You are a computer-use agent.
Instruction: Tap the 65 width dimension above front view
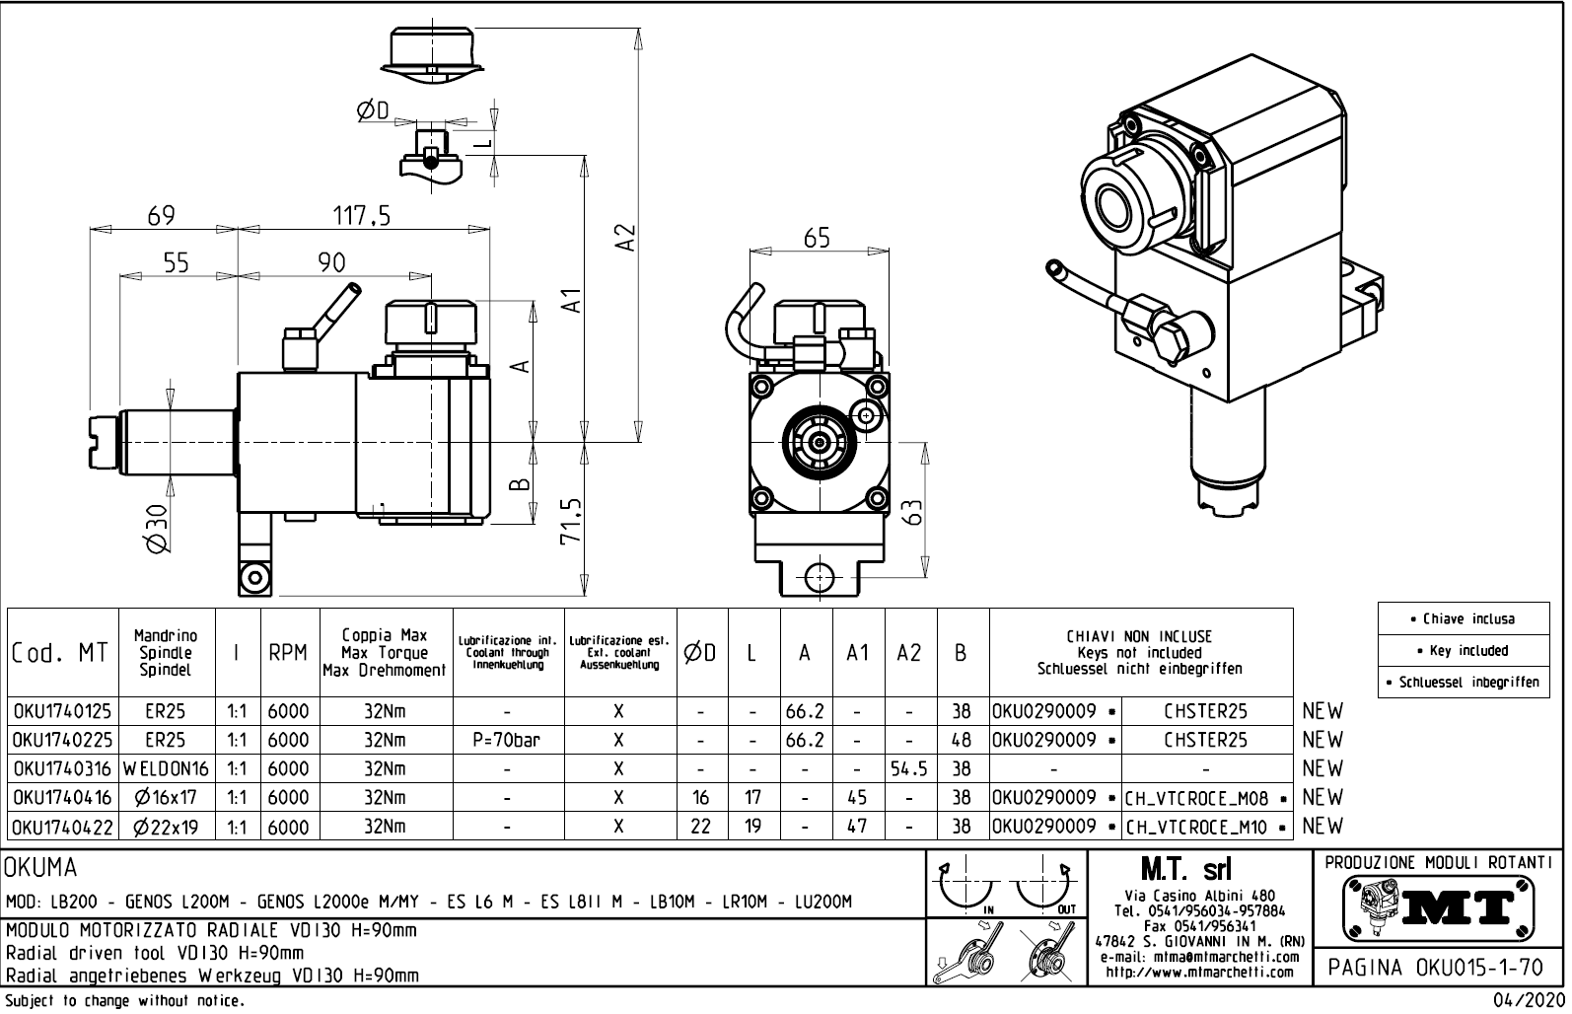pos(817,238)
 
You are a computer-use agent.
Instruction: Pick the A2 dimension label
pos(624,237)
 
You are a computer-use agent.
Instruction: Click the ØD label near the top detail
pos(373,110)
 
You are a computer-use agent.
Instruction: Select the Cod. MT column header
pos(60,653)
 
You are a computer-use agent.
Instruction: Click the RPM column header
pos(288,653)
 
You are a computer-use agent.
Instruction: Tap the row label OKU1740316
pos(62,768)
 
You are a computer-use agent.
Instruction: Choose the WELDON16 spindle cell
pos(166,768)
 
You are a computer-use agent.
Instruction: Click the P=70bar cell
pos(506,740)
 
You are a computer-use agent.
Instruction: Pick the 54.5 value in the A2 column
pos(909,768)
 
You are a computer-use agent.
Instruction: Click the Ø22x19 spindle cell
pos(166,827)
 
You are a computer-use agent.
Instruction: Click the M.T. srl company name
pos(1185,870)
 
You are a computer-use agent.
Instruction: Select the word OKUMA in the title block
pos(41,868)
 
